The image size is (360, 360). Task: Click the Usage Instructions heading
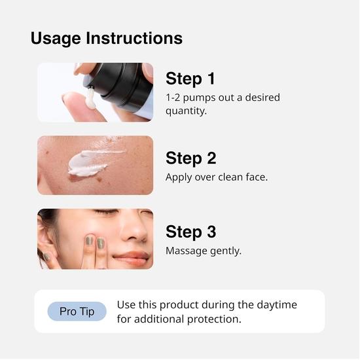[106, 38]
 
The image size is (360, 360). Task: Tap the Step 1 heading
[190, 79]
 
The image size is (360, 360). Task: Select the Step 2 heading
[190, 158]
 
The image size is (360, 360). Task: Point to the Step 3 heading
[190, 232]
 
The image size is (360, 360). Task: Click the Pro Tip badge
[77, 312]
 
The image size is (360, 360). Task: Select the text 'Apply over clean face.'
[217, 177]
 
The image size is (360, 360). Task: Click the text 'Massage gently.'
[204, 251]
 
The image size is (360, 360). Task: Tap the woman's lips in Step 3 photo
[134, 257]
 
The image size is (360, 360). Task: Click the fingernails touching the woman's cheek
[95, 242]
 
